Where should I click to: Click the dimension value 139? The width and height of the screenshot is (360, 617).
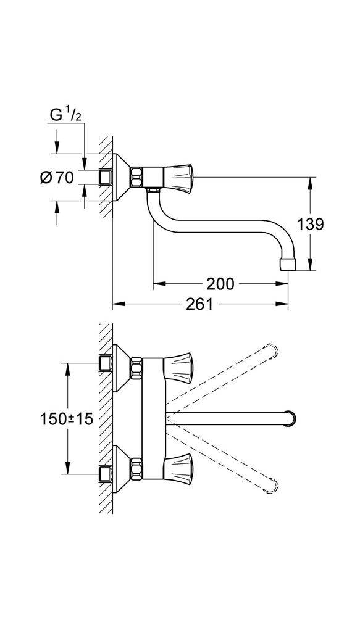pos(310,224)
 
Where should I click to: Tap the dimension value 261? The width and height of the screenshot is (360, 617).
pos(199,304)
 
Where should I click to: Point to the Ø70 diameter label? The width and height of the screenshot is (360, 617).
pos(56,178)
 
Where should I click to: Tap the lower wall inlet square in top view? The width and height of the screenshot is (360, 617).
pos(105,476)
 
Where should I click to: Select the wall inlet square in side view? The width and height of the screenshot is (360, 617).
pos(105,178)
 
